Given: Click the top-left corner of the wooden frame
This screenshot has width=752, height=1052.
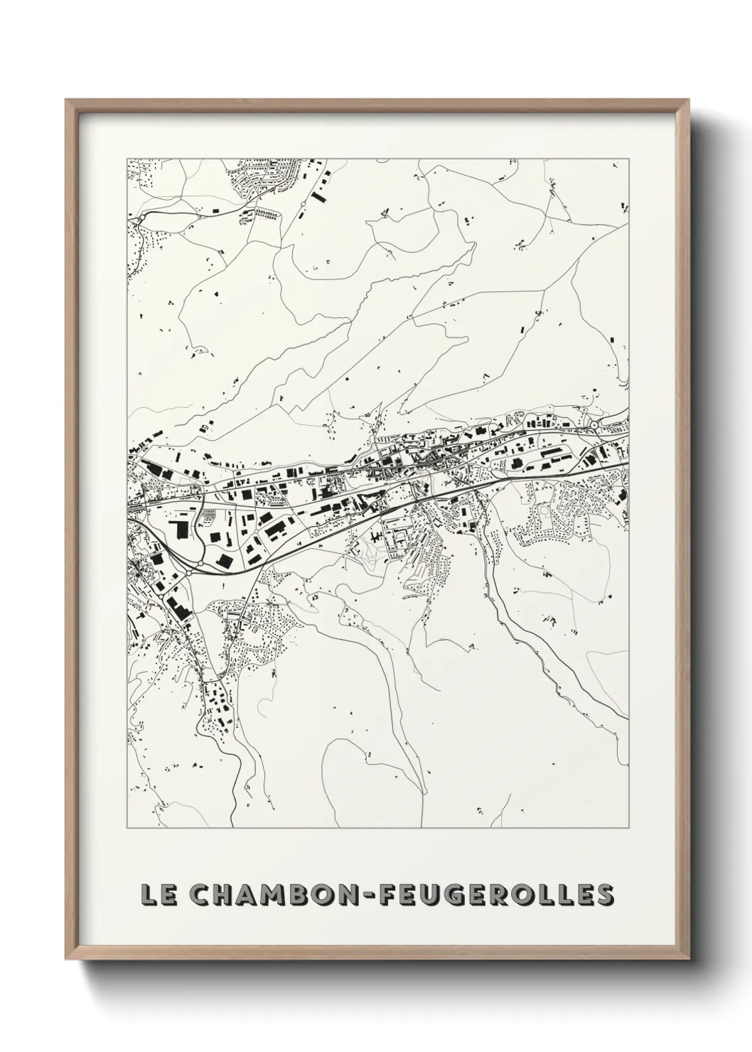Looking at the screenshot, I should pyautogui.click(x=66, y=100).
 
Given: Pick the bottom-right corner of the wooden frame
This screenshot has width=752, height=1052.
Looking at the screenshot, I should pyautogui.click(x=687, y=961).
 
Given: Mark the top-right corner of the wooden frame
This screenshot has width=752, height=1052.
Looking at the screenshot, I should pyautogui.click(x=687, y=100).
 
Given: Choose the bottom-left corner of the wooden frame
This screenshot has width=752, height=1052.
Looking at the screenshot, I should pyautogui.click(x=66, y=961).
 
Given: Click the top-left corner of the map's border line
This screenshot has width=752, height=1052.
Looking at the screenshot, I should pyautogui.click(x=127, y=159).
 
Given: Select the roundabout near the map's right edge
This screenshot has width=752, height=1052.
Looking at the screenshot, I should pyautogui.click(x=593, y=425).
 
